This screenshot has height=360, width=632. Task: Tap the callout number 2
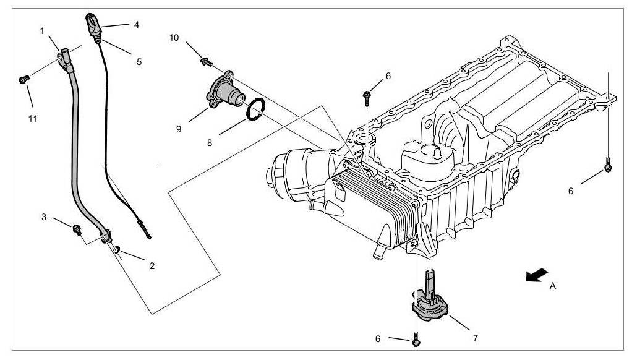pos(152,266)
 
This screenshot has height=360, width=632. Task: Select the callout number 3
pos(44,217)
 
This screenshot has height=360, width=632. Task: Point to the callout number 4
pos(136,25)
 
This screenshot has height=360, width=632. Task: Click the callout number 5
pos(139,61)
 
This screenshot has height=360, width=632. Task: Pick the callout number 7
pos(475,338)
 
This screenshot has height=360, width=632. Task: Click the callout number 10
pos(175,38)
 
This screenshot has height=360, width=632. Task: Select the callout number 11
pos(33,118)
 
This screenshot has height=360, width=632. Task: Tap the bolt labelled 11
pos(24,79)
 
